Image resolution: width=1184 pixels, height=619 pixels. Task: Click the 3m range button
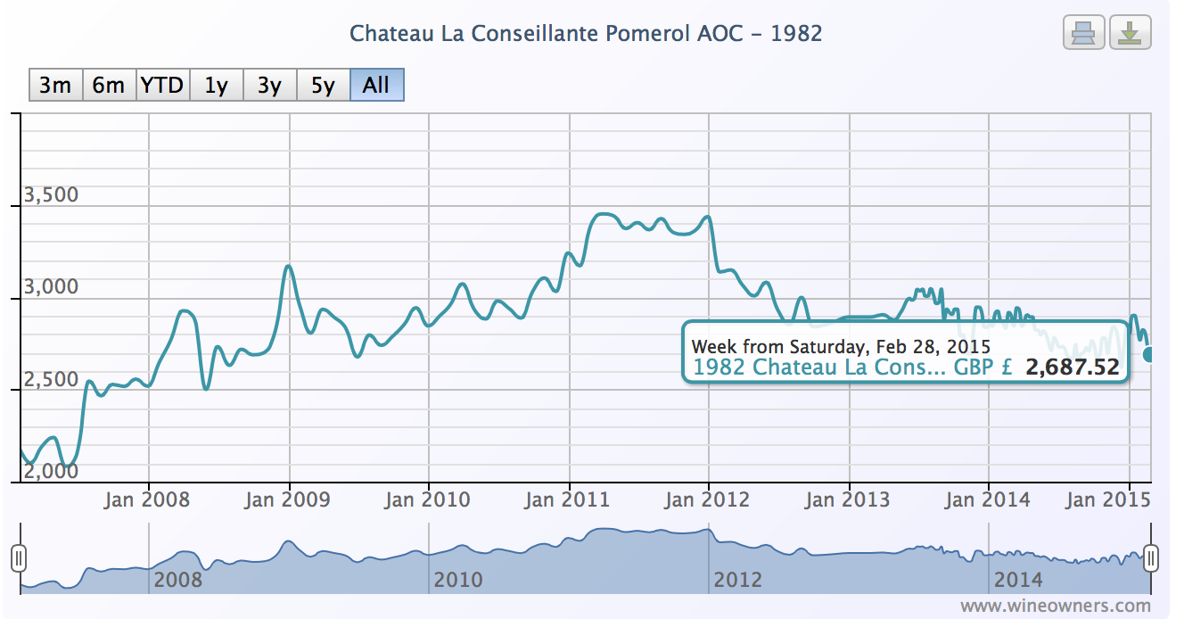(x=55, y=86)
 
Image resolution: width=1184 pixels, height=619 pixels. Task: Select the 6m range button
(x=109, y=86)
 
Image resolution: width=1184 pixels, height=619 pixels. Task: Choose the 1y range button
(x=216, y=86)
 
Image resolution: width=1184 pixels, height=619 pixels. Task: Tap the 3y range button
(x=269, y=86)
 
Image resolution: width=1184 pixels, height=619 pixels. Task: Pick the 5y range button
(x=323, y=86)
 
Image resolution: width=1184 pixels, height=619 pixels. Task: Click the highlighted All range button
(x=376, y=86)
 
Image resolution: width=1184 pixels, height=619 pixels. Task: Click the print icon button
(x=1083, y=33)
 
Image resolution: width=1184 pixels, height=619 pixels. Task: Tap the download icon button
(x=1130, y=33)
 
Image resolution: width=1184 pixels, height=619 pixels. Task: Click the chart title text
(x=586, y=34)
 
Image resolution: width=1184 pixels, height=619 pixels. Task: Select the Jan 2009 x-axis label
(x=287, y=499)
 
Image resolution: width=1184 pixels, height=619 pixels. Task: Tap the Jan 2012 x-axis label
(x=707, y=499)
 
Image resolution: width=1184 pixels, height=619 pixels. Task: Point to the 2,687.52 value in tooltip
(x=1073, y=367)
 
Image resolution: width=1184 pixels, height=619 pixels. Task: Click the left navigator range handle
(x=19, y=558)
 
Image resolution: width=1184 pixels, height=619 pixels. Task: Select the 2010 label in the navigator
(x=458, y=580)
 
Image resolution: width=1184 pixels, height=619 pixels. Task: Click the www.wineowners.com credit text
(x=1056, y=606)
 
